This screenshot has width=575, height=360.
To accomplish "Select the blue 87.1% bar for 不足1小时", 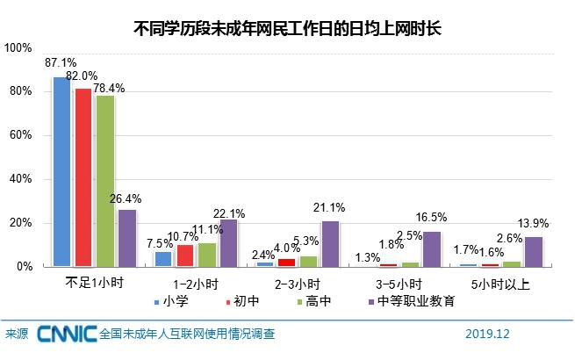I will pos(61,171).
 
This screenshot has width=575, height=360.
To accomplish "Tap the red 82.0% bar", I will pos(83,176).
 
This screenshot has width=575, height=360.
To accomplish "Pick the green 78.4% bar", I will pos(105,180).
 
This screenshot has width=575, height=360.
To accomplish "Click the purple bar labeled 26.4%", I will pos(127,237).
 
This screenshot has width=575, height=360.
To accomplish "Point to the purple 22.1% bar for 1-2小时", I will pos(229,242).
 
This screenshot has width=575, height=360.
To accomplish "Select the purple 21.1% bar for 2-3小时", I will pos(330,243).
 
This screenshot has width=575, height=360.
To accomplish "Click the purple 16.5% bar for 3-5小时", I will pos(432,248).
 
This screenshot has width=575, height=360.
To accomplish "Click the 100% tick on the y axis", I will pos(18,48).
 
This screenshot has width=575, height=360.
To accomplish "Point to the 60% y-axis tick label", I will pos(21,135).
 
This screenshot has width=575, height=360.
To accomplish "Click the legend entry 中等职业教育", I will pos(413,301).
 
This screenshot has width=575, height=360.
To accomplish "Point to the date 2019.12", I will pos(487,335).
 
